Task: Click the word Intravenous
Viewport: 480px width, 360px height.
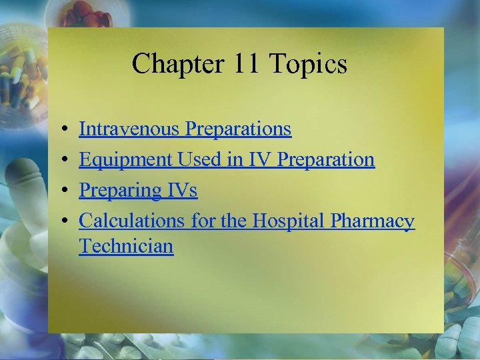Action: coord(129,129)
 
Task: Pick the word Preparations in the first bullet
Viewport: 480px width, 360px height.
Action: coord(239,129)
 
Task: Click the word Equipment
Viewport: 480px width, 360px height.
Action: coord(126,159)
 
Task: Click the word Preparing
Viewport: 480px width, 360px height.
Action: coord(119,190)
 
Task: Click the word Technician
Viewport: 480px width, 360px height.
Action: coord(126,246)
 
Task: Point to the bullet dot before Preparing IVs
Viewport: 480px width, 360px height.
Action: coord(61,191)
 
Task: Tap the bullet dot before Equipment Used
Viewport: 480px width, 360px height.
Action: coord(61,160)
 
